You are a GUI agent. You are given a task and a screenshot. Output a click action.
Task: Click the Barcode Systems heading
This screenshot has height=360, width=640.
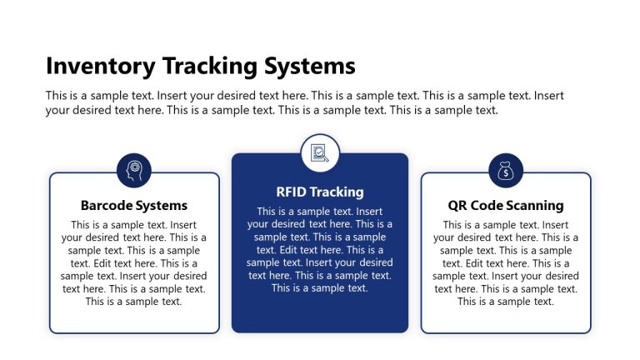point(134,205)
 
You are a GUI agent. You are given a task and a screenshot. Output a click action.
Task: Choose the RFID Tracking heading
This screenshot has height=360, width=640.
point(320,192)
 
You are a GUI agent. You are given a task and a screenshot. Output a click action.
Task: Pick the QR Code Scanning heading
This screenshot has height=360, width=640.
point(506,205)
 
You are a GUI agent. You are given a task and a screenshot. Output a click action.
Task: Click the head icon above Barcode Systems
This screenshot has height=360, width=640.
point(134,171)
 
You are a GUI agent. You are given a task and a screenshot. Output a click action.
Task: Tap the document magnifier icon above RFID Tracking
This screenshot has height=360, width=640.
point(320,152)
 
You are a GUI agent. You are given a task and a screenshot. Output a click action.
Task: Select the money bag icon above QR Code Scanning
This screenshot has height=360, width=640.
point(506,171)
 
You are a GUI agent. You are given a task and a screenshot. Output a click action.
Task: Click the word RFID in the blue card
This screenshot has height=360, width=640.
point(292,192)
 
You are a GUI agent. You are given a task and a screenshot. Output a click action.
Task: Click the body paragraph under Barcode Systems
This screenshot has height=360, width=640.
point(134,262)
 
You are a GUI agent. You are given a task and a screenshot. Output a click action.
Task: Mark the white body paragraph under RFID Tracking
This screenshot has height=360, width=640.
point(320,249)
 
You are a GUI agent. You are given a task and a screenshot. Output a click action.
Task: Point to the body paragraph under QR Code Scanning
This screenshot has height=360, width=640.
point(506,262)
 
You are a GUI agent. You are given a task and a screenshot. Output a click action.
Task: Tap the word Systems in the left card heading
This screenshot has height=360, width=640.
point(162,205)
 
